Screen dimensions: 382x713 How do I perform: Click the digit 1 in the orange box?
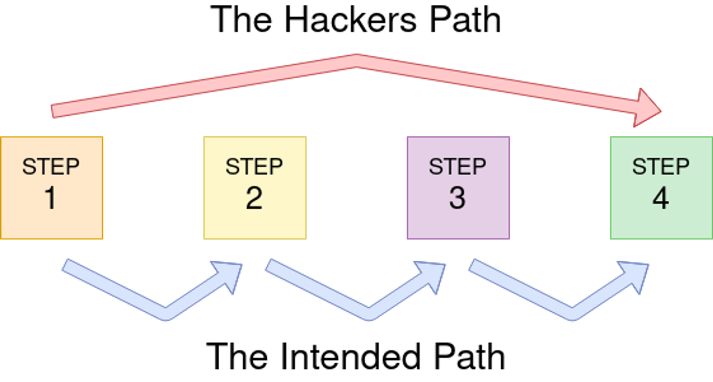[x=51, y=198]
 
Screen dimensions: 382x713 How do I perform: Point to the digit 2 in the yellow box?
[x=254, y=198]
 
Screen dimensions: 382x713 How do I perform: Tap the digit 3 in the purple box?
[x=457, y=198]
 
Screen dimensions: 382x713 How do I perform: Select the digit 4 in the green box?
[x=661, y=198]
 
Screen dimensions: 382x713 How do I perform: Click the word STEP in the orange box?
[x=51, y=166]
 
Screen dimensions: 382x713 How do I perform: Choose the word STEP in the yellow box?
[x=254, y=166]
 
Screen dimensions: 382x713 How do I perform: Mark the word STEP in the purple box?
[x=457, y=166]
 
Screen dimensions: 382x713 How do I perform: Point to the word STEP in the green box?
[x=661, y=166]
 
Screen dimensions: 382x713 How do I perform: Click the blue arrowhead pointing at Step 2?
[x=230, y=273]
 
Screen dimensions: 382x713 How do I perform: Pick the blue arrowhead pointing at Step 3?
[x=433, y=273]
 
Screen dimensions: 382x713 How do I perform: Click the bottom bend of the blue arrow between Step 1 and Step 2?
[x=166, y=313]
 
